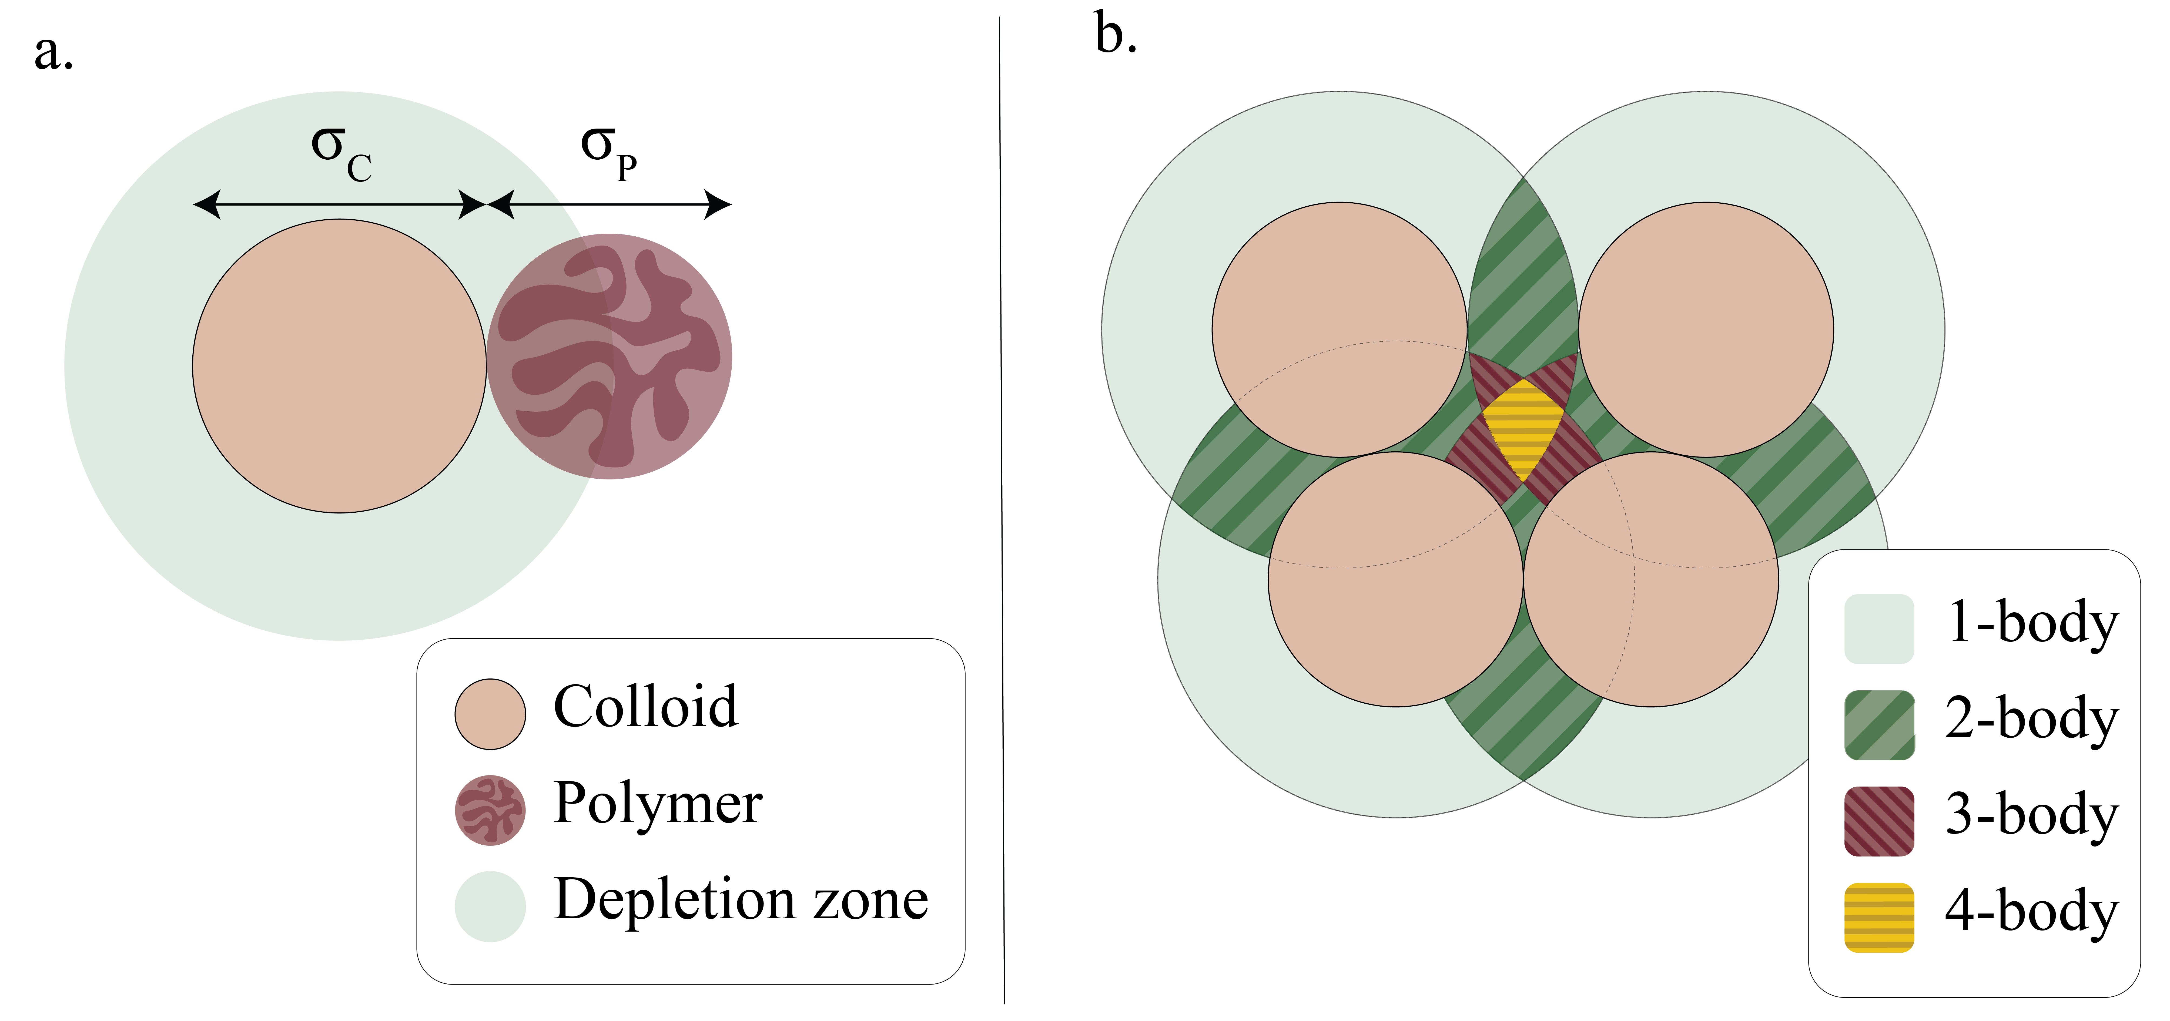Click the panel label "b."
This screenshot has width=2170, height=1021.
[x=1115, y=35]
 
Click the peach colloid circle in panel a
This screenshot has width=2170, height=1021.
[x=340, y=366]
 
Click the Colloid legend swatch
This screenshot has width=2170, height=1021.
[x=490, y=714]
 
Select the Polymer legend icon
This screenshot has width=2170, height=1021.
[x=490, y=810]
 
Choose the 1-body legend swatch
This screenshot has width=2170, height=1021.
[x=1878, y=629]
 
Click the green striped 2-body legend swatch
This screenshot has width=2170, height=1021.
[x=1878, y=724]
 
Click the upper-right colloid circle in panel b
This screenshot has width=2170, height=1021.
[x=1706, y=329]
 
